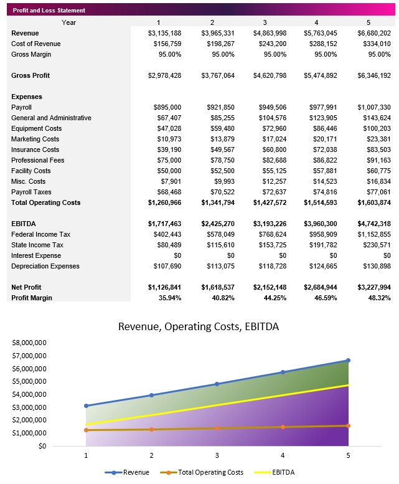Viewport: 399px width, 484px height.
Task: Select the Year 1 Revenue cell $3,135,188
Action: click(x=164, y=33)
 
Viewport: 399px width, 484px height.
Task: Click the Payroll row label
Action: click(x=21, y=107)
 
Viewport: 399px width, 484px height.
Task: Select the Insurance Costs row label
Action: click(x=35, y=149)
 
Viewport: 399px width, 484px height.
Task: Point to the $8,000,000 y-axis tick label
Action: click(x=29, y=343)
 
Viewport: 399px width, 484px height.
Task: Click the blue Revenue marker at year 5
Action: click(x=348, y=360)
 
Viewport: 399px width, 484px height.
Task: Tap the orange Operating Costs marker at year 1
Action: click(x=86, y=430)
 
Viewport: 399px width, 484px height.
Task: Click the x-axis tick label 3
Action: click(x=217, y=456)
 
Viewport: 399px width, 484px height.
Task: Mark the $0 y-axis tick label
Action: click(x=42, y=446)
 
